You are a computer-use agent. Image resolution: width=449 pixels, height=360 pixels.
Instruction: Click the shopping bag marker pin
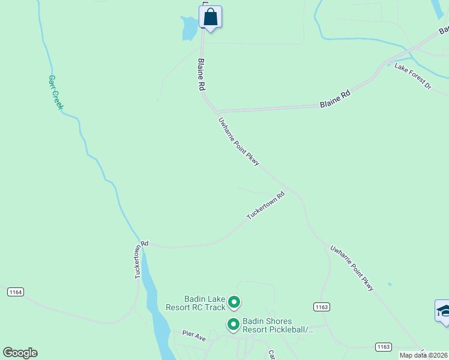tap(211, 17)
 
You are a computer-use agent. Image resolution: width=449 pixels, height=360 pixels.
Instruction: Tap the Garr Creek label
tap(56, 92)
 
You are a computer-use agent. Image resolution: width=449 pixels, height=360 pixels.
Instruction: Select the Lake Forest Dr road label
tap(413, 76)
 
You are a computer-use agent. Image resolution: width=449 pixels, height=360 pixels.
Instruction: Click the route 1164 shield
tap(16, 292)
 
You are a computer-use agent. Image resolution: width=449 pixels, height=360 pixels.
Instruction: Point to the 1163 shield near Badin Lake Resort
tap(321, 307)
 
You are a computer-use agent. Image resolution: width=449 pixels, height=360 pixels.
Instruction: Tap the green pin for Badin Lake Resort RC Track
tap(235, 302)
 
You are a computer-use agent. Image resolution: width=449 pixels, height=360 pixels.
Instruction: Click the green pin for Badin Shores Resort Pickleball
tap(234, 325)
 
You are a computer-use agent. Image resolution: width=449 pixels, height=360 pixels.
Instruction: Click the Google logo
tap(20, 353)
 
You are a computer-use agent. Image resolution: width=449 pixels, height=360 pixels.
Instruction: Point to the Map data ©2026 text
tap(424, 355)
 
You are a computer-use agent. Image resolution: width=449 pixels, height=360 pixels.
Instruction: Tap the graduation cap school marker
tap(443, 311)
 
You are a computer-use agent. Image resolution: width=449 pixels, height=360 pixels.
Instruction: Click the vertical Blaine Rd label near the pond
tap(202, 74)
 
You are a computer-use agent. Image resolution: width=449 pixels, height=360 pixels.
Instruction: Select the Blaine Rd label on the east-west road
tap(335, 99)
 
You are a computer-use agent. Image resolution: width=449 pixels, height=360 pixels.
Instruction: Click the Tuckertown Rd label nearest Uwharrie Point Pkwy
tap(265, 206)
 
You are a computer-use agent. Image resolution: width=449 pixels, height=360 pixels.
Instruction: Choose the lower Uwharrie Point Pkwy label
tap(352, 268)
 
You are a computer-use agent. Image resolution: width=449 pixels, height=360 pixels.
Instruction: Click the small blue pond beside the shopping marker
tap(189, 27)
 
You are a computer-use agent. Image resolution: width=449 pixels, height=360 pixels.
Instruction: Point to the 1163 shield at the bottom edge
tap(384, 347)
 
